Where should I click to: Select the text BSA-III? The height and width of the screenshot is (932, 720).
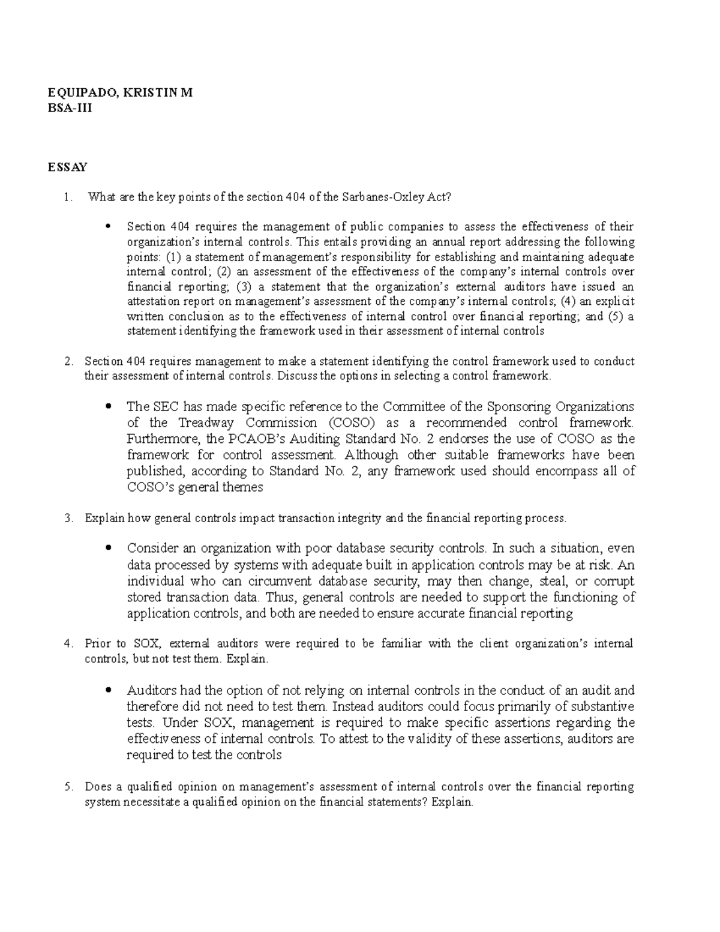pyautogui.click(x=70, y=109)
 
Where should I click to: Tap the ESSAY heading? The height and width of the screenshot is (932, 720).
pyautogui.click(x=67, y=167)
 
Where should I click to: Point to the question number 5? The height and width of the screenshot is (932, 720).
pyautogui.click(x=68, y=787)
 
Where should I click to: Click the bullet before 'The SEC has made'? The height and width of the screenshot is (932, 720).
pyautogui.click(x=108, y=406)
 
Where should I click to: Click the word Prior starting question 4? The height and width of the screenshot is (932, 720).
pyautogui.click(x=98, y=644)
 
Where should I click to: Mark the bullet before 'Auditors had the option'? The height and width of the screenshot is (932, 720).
pyautogui.click(x=108, y=690)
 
